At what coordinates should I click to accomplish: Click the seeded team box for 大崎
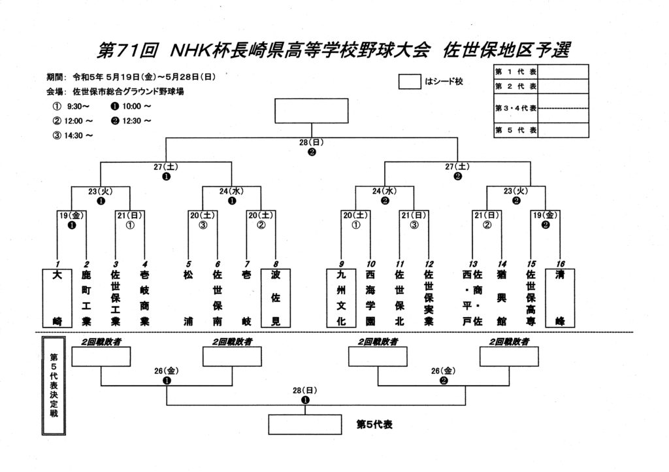[x=57, y=297]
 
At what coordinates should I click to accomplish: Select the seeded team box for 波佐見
[x=275, y=297]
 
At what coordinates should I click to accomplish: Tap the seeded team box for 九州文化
[x=340, y=297]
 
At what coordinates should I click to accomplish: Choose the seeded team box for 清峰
[x=559, y=297]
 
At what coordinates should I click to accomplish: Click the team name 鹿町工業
[x=86, y=298]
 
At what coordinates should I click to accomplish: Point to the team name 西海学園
[x=370, y=298]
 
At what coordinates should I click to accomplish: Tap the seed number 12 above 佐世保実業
[x=429, y=263]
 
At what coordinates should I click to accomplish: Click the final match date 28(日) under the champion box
[x=312, y=142]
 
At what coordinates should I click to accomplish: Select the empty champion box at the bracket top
[x=311, y=111]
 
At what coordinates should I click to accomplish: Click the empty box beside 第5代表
[x=305, y=424]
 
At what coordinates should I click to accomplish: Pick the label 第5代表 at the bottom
[x=374, y=424]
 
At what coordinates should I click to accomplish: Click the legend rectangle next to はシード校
[x=409, y=82]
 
